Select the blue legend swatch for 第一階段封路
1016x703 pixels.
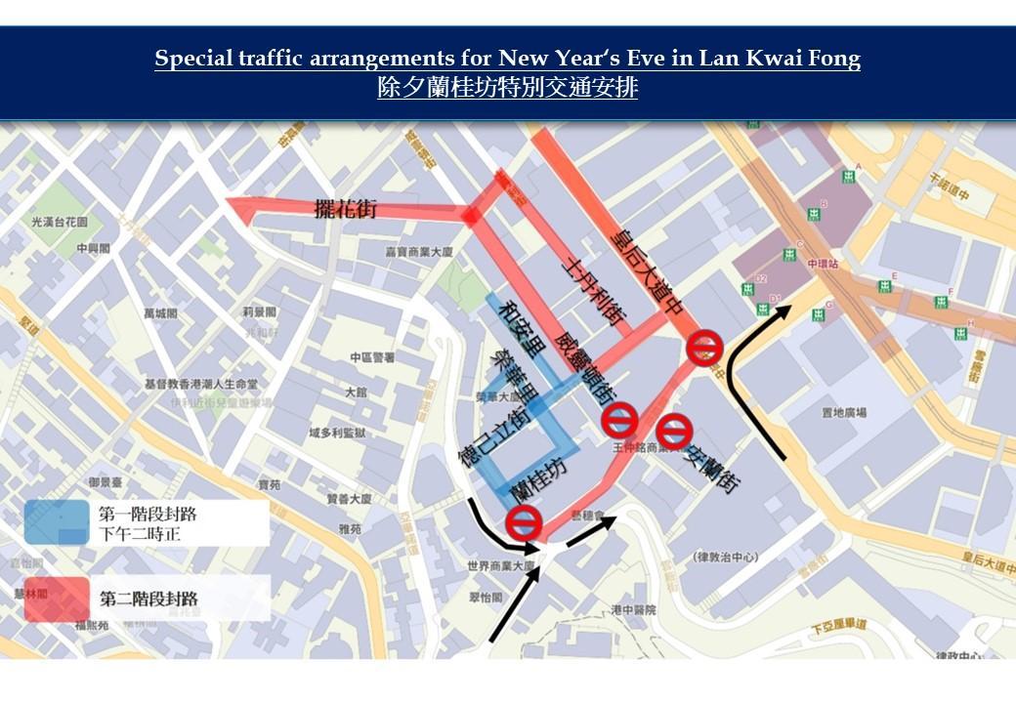click(x=57, y=522)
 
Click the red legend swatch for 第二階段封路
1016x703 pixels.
click(x=57, y=599)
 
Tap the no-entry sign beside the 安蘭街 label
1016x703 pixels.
click(x=673, y=431)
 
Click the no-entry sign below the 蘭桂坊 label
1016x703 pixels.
click(x=524, y=522)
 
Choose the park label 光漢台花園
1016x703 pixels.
click(x=60, y=223)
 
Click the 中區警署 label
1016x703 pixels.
click(x=372, y=357)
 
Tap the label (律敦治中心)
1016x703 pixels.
click(x=725, y=558)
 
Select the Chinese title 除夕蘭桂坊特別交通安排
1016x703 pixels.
click(x=507, y=88)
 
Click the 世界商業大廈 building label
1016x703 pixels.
click(x=500, y=566)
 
